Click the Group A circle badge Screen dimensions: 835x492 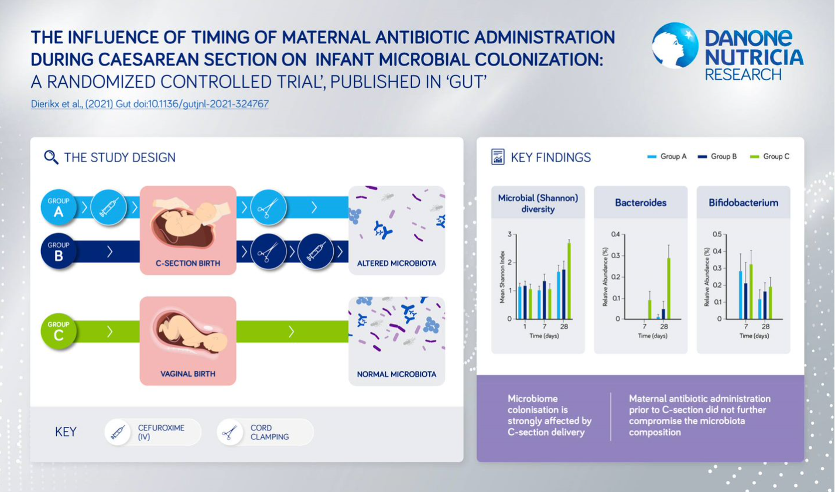point(59,207)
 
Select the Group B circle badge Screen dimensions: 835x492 point(59,251)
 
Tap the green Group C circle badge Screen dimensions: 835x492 point(59,331)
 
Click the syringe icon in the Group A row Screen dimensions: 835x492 point(108,207)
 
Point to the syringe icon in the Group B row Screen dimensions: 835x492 point(316,251)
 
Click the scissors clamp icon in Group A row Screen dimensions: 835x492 point(268,207)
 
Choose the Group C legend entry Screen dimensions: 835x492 point(769,156)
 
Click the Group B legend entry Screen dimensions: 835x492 point(717,156)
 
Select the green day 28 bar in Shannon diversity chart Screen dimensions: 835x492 point(569,281)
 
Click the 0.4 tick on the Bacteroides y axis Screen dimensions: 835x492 point(615,234)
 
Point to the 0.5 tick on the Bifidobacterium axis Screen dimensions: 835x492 point(717,234)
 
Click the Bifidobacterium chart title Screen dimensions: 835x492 point(743,203)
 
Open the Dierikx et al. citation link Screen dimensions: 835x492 point(149,104)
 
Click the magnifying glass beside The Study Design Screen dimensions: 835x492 point(51,158)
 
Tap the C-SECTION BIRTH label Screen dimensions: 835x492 point(188,264)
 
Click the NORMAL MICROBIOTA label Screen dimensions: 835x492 point(396,374)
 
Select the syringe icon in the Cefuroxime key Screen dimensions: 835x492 point(118,432)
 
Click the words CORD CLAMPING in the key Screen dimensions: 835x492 point(269,432)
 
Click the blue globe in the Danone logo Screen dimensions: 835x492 point(675,46)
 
